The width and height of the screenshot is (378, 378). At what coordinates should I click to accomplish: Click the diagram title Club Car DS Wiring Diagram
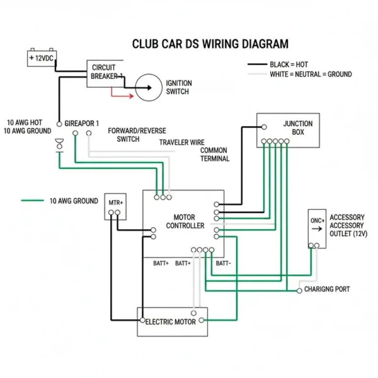click(210, 44)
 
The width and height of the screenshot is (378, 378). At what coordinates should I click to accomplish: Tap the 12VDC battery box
click(41, 58)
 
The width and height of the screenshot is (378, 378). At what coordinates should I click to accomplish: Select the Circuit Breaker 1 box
click(105, 73)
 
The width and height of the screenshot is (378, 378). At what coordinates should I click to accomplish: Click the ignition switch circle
click(148, 88)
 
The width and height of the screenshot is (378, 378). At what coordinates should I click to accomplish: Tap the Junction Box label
click(297, 128)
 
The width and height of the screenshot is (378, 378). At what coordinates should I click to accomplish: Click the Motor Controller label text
click(185, 221)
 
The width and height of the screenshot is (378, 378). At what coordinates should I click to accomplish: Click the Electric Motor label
click(171, 322)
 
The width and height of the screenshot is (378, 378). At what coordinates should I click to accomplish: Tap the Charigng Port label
click(327, 289)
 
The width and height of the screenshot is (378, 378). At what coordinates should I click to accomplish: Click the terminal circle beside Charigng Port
click(299, 291)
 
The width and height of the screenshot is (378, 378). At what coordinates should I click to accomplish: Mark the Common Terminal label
click(214, 155)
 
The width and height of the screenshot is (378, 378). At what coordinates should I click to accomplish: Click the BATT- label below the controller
click(223, 263)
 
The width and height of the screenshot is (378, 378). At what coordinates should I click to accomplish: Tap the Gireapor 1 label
click(82, 123)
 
